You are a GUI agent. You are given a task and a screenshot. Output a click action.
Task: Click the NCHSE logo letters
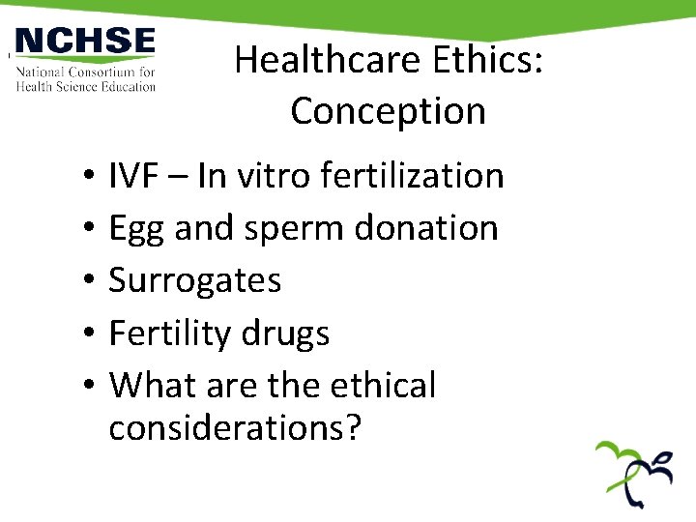point(85,43)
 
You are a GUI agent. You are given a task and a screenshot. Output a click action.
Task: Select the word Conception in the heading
point(388,111)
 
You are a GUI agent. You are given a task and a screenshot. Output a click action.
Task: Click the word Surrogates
point(195,281)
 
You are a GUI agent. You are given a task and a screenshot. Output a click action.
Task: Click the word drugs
point(287,333)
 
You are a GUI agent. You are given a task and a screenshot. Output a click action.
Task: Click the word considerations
point(235,426)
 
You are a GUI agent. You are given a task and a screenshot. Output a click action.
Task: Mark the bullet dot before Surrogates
point(87,282)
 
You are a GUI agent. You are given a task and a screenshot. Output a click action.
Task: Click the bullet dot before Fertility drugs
point(87,334)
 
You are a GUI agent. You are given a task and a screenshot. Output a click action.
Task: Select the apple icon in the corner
point(634,473)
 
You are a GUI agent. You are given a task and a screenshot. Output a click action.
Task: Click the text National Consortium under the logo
point(85,72)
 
